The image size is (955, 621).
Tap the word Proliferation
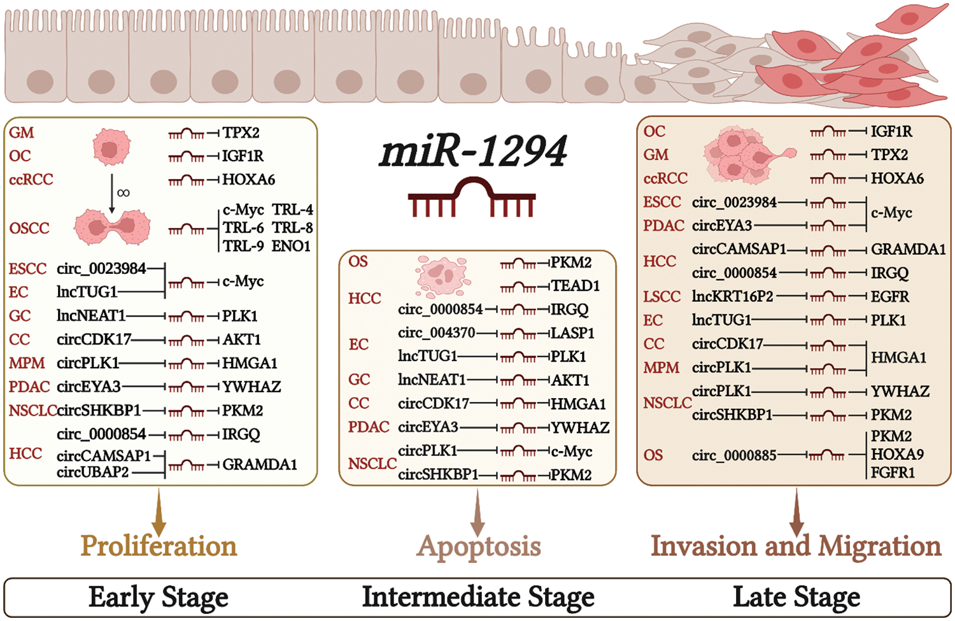tap(159, 546)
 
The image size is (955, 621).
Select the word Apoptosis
tap(479, 546)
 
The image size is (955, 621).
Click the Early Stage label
tap(159, 597)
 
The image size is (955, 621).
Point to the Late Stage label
tap(796, 597)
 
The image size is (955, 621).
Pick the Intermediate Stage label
tap(478, 597)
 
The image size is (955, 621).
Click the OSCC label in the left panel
tap(29, 228)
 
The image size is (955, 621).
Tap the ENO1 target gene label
tap(291, 246)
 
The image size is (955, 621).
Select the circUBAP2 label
tap(93, 472)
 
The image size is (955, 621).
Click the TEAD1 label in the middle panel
tap(576, 286)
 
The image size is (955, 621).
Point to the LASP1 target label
tap(572, 333)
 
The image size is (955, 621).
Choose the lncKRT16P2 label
tap(733, 297)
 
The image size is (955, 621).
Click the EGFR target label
tap(890, 297)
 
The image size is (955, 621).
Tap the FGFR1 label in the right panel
tap(893, 473)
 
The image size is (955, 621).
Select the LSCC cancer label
tap(661, 297)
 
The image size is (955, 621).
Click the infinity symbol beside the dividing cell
tap(124, 192)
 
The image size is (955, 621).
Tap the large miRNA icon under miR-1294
tap(472, 197)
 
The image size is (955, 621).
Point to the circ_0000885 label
tap(734, 455)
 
